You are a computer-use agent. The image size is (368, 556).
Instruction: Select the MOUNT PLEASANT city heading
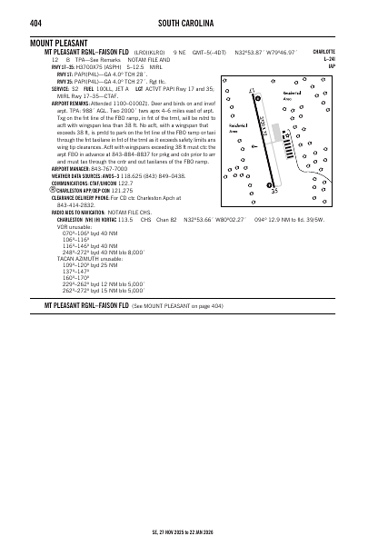61,43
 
